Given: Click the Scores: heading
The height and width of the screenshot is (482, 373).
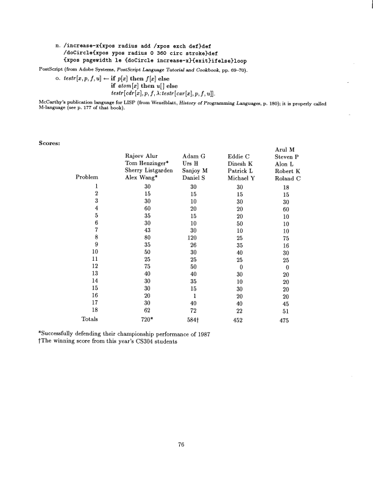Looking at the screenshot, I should pos(49,144).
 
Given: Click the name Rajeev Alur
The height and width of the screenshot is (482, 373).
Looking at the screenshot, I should pos(141,155).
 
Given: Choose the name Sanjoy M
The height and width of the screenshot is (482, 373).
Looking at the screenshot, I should pos(195,171).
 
